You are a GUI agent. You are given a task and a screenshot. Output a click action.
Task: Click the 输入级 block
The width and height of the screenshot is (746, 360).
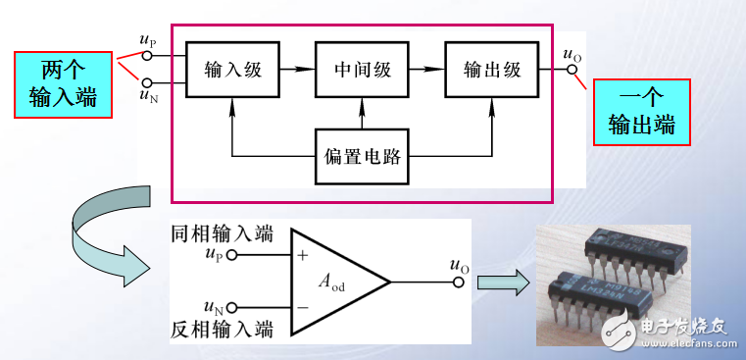[x=231, y=70]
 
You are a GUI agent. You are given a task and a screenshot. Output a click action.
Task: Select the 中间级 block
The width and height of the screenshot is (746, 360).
[x=361, y=70]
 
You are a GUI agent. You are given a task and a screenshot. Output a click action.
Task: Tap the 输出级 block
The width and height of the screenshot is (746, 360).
[x=490, y=70]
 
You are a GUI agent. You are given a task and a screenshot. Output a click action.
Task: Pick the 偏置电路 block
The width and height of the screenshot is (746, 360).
[x=361, y=156]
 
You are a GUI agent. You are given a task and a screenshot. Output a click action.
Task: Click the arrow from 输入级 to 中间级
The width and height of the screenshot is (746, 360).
[x=296, y=70]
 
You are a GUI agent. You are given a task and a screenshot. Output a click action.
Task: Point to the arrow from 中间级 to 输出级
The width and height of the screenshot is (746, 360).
[x=425, y=70]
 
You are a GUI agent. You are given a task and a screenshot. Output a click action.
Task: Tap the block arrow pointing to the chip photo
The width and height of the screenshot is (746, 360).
[x=501, y=283]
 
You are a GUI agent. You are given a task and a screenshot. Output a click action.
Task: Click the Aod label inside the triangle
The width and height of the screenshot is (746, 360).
[x=332, y=283]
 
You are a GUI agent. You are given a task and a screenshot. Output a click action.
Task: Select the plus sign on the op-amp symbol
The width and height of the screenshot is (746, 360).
[x=303, y=257]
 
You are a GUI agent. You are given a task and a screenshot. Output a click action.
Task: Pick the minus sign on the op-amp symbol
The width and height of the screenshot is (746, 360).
[x=303, y=307]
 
